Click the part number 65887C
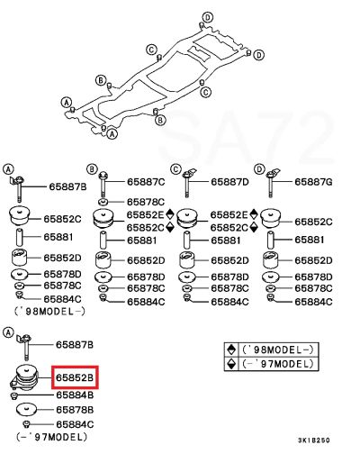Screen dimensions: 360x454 tap(146, 182)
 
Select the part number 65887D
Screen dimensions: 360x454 tap(229, 182)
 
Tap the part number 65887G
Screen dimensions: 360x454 tap(313, 182)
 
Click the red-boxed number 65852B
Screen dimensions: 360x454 tap(75, 377)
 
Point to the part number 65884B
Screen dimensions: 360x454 tap(75, 395)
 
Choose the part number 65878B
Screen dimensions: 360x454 tap(75, 410)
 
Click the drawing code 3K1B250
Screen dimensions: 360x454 tap(314, 440)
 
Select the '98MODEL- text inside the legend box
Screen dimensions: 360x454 tap(277, 350)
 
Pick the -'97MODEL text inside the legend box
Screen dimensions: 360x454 tap(277, 364)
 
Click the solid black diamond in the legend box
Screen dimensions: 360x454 tap(231, 350)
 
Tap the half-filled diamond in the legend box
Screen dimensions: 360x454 tap(231, 364)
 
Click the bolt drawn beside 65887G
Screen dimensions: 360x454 tap(272, 183)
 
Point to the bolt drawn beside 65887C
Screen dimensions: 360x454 tap(103, 184)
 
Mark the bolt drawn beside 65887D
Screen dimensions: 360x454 tap(188, 183)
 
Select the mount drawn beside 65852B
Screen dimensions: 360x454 tap(25, 377)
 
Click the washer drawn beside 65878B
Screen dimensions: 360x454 tap(26, 409)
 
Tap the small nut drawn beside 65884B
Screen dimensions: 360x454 tap(13, 395)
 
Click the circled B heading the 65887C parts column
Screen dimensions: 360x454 tap(92, 169)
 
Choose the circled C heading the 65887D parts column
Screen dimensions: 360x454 tap(175, 169)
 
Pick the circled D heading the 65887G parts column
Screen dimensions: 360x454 tap(259, 169)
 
